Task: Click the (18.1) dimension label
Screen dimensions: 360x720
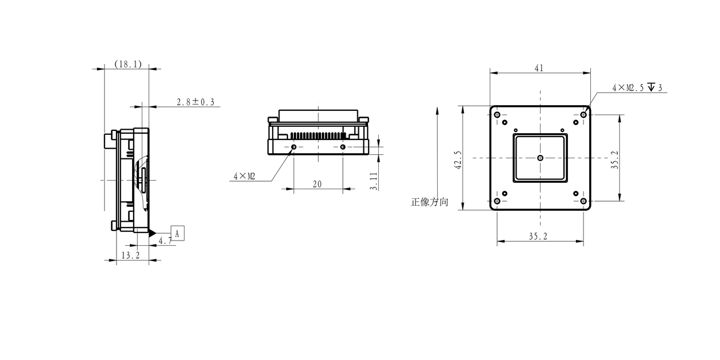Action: (128, 65)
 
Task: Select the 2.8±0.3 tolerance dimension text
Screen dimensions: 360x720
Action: (195, 102)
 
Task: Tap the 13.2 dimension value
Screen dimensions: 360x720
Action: (130, 255)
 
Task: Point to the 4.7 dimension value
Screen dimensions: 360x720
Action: (165, 241)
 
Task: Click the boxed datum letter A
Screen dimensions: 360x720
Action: (177, 233)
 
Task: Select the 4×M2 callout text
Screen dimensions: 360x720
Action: (244, 177)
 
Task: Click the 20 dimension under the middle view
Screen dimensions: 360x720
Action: (317, 184)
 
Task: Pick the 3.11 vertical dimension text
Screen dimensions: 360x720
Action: (373, 181)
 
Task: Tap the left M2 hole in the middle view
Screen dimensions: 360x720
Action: (294, 147)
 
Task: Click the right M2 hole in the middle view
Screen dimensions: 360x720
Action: (342, 147)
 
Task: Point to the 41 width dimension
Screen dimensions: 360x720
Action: (539, 68)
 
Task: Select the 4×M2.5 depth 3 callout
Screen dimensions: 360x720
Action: (637, 87)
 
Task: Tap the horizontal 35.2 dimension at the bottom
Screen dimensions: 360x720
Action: (538, 237)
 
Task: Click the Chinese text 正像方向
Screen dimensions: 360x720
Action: (429, 202)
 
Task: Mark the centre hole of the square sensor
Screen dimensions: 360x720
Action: (540, 158)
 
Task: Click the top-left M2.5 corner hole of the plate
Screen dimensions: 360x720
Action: (497, 115)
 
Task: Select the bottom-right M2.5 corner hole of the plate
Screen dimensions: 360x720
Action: (583, 201)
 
